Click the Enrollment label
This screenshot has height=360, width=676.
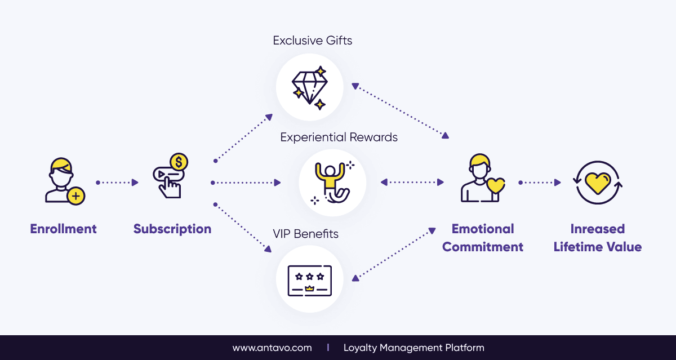(x=63, y=229)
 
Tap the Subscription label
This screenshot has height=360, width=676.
(x=172, y=229)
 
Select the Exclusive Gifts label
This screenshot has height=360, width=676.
(x=313, y=41)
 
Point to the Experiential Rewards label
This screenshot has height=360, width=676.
(x=339, y=137)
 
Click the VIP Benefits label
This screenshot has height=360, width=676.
(x=305, y=233)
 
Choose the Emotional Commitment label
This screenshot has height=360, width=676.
(x=483, y=238)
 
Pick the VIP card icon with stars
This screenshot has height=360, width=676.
(x=309, y=280)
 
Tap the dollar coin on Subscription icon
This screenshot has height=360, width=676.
(x=179, y=163)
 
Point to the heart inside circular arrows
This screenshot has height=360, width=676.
(x=598, y=182)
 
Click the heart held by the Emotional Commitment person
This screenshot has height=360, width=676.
(x=496, y=185)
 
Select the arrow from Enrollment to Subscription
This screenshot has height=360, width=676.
(x=117, y=183)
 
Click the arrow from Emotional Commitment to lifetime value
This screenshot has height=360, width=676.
(x=540, y=183)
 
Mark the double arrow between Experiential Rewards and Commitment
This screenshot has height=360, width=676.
(x=412, y=183)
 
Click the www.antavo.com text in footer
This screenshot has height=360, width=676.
(x=272, y=348)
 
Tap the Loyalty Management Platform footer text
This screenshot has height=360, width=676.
(x=413, y=348)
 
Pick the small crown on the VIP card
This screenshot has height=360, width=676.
(x=309, y=288)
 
